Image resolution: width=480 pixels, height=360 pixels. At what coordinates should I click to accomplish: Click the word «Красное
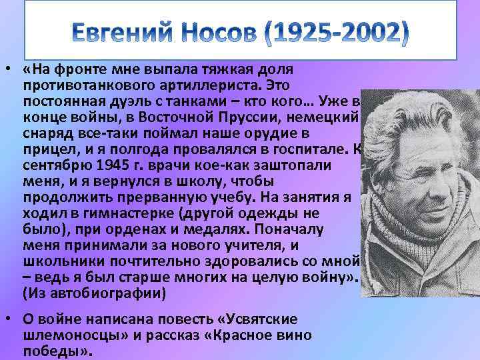(x=231, y=335)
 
